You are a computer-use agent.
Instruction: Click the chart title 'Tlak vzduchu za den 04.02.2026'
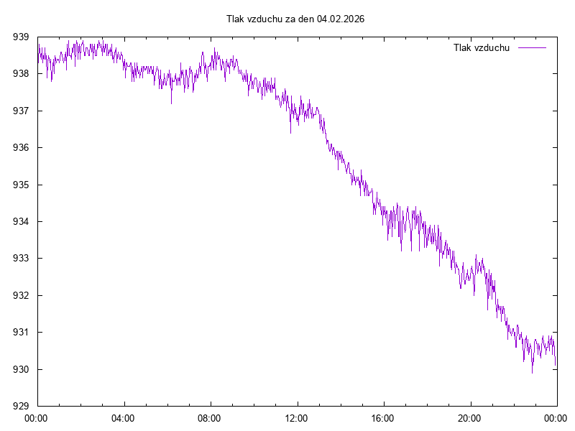295,19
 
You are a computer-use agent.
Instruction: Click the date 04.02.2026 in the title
341,19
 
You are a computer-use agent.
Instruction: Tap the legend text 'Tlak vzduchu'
482,47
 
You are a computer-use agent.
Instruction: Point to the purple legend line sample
532,47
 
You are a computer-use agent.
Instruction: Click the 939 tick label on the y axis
21,37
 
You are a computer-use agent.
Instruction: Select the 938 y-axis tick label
21,74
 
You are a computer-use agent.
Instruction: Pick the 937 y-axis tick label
21,111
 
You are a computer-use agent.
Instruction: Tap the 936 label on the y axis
21,148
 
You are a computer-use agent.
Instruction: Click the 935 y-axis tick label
21,185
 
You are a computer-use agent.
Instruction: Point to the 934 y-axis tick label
21,221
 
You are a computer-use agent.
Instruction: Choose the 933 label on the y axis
21,259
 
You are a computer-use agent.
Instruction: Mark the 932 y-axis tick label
21,295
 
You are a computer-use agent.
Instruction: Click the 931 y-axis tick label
21,333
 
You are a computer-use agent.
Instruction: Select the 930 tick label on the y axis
21,369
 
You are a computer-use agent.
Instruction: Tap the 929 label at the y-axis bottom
21,407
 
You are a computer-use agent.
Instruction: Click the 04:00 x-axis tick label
124,417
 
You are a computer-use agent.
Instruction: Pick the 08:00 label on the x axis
210,417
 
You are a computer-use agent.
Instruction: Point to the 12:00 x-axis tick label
297,417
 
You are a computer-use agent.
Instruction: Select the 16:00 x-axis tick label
383,417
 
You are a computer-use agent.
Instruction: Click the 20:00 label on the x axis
470,417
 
